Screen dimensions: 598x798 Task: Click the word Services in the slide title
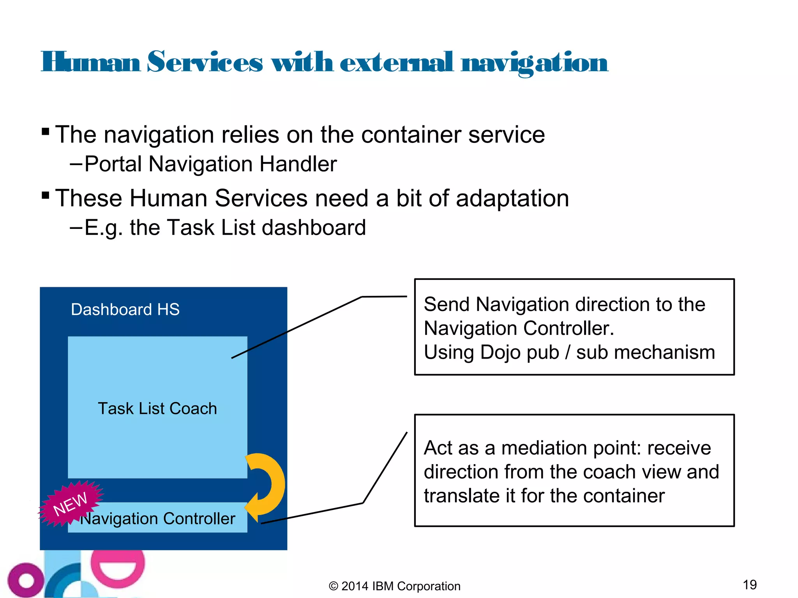205,62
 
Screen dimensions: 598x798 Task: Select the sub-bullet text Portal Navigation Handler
210,164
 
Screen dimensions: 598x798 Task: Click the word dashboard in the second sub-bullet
314,228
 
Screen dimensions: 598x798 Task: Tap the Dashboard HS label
125,310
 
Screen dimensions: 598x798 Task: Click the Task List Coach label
157,409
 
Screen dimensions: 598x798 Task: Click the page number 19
750,585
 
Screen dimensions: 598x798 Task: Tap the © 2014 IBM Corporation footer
394,586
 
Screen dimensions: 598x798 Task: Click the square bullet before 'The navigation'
46,131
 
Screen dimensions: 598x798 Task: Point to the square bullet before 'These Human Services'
46,195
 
